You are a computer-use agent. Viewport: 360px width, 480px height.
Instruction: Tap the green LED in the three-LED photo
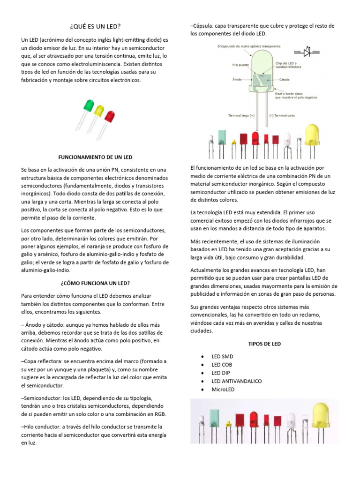coord(89,105)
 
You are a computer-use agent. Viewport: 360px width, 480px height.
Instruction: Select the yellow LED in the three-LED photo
coord(99,110)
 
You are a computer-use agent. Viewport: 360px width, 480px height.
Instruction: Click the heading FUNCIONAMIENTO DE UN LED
coord(97,156)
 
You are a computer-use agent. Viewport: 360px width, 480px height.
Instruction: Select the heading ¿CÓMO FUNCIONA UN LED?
coord(95,283)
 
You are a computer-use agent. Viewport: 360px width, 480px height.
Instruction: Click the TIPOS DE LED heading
coord(264,344)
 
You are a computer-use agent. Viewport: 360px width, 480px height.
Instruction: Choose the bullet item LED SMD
coord(222,356)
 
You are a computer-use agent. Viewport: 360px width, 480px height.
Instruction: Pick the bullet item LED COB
coord(222,365)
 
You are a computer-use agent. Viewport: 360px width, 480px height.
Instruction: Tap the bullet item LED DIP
coord(221,373)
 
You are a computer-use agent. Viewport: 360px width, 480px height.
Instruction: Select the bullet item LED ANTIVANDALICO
coord(236,382)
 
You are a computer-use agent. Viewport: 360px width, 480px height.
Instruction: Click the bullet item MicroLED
coord(223,390)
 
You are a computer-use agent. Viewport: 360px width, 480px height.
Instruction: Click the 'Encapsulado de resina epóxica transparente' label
coord(249,46)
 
